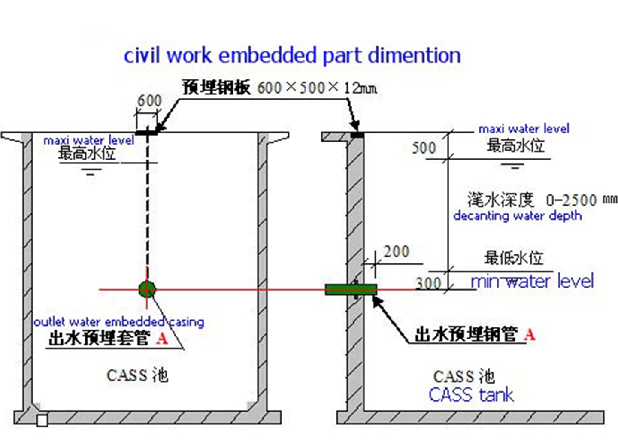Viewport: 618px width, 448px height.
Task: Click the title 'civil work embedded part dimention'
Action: point(292,56)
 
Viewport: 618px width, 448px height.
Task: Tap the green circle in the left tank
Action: point(147,289)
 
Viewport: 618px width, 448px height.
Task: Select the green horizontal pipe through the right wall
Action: point(351,289)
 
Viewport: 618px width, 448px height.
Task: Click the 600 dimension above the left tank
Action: point(149,101)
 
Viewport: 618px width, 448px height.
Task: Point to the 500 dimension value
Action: point(424,148)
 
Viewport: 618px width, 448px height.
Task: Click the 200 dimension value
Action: point(396,251)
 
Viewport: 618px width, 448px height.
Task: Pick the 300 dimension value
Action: point(428,283)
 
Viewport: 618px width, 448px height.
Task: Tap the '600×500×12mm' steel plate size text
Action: point(317,88)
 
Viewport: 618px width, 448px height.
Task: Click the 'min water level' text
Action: point(532,281)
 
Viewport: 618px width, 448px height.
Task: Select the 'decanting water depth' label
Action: point(518,216)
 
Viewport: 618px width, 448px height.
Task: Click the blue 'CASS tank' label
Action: point(471,395)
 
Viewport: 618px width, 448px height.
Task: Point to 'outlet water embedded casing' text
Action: point(119,322)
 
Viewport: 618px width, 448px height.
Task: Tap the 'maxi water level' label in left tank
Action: point(89,140)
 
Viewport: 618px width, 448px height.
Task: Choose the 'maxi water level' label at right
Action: point(524,129)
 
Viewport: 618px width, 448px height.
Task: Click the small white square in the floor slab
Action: point(42,421)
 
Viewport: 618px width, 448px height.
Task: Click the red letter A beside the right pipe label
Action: point(530,335)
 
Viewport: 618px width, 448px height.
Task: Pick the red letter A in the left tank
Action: point(162,338)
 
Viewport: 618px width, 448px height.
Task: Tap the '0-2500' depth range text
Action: point(572,200)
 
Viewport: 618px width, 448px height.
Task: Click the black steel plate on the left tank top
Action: point(146,133)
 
